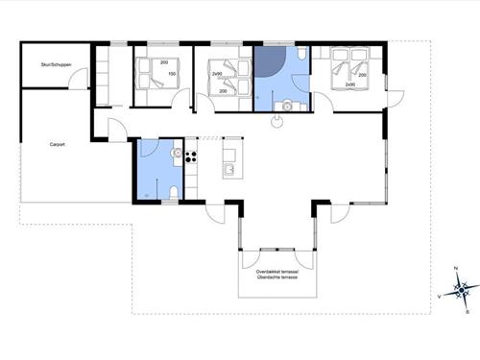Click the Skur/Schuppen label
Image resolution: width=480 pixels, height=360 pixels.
point(57,65)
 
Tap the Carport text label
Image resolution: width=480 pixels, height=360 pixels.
point(58,145)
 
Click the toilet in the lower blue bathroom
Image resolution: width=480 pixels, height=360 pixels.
point(172,194)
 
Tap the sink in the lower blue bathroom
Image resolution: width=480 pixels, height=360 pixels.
point(176,153)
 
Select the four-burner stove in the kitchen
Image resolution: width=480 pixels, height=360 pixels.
point(191,156)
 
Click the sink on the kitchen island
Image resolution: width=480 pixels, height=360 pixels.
point(228,171)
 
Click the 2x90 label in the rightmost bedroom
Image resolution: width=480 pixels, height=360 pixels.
point(349,85)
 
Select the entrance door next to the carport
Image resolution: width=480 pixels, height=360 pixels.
point(116,130)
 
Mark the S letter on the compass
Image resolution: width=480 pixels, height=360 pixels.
point(468,309)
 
